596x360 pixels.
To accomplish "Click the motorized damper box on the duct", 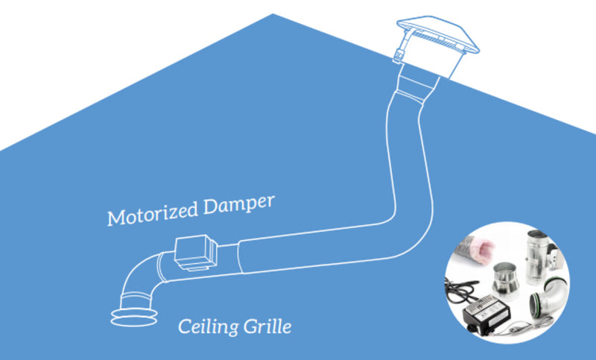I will (194, 253).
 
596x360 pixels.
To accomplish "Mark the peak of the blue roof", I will (273, 15).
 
